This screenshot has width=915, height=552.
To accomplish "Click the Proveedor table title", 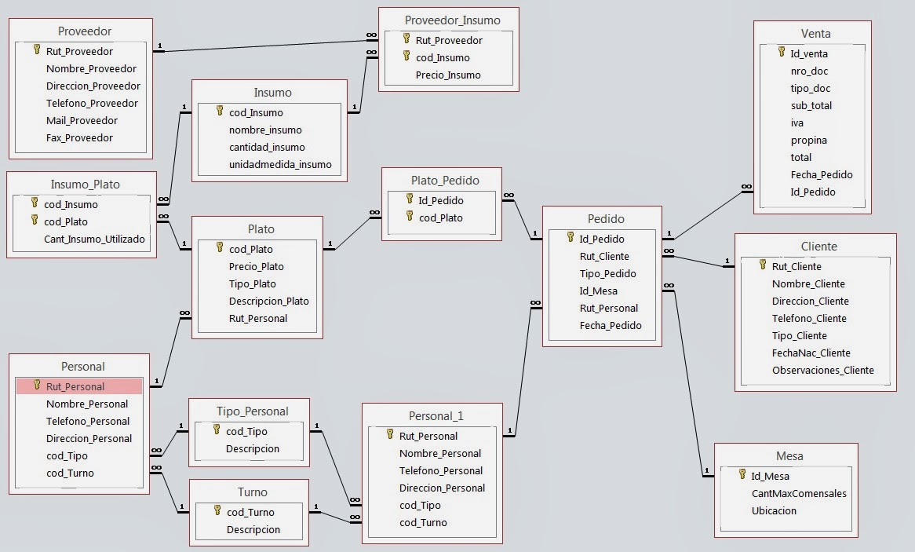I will tap(85, 31).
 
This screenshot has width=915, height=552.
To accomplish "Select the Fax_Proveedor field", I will tap(79, 137).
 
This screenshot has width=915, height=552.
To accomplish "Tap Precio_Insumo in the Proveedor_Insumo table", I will tap(447, 75).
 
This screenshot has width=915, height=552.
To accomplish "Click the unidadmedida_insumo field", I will tap(280, 164).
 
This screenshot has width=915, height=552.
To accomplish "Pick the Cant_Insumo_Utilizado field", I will tap(94, 239).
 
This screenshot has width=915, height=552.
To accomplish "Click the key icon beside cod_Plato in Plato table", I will tap(221, 247).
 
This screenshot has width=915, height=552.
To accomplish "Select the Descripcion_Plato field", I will tap(269, 301).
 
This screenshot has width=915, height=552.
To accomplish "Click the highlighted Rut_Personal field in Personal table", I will tap(75, 386).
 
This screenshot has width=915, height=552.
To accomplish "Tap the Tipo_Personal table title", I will tap(253, 411).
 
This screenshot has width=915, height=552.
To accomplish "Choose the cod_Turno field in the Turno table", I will tap(250, 512).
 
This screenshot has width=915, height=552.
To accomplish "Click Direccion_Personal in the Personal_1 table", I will tap(442, 488).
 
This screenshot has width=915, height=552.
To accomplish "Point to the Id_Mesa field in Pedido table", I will tap(598, 291).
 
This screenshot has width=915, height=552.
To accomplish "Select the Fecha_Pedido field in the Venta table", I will tap(822, 174).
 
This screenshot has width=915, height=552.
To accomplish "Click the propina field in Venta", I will tap(808, 140).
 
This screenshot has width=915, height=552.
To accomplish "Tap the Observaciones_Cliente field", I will tap(822, 370).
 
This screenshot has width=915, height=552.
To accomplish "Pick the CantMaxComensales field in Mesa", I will tap(799, 493).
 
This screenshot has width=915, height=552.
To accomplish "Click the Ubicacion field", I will tap(774, 510).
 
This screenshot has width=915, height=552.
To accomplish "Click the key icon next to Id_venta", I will tap(782, 52).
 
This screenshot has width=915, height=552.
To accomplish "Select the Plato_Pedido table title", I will tap(445, 180).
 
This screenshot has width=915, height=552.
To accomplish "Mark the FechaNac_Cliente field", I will tap(811, 353).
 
